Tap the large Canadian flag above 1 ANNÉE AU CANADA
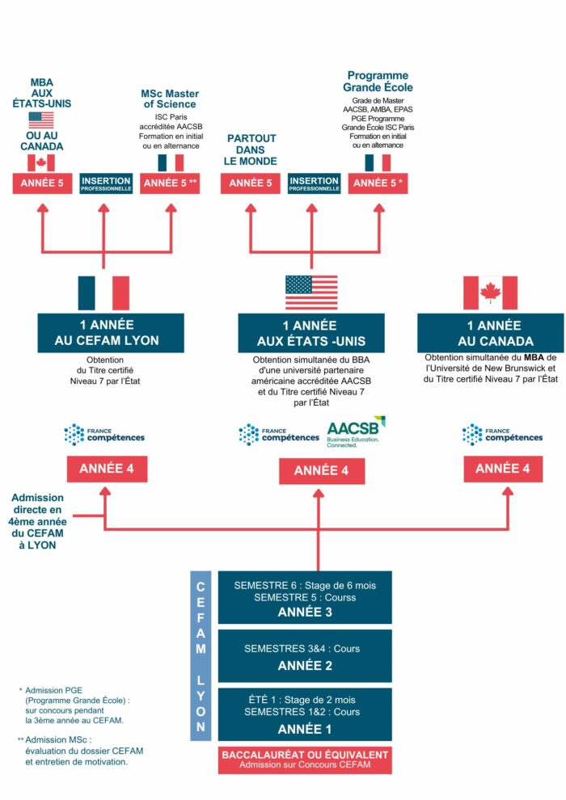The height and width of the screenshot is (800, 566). (490, 293)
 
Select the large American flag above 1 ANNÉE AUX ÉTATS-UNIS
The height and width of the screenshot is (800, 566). (311, 293)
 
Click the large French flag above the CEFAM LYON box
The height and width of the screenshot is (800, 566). (103, 293)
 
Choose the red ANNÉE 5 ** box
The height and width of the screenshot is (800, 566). (171, 183)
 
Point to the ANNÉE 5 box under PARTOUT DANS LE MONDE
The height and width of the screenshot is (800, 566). (251, 183)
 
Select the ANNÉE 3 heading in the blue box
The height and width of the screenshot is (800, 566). (305, 611)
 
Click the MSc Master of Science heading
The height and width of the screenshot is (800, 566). (170, 99)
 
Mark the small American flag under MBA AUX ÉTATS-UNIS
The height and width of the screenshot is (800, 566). (40, 120)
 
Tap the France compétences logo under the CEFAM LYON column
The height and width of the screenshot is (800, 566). (104, 434)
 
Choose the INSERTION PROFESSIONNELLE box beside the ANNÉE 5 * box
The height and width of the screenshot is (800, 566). (314, 183)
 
